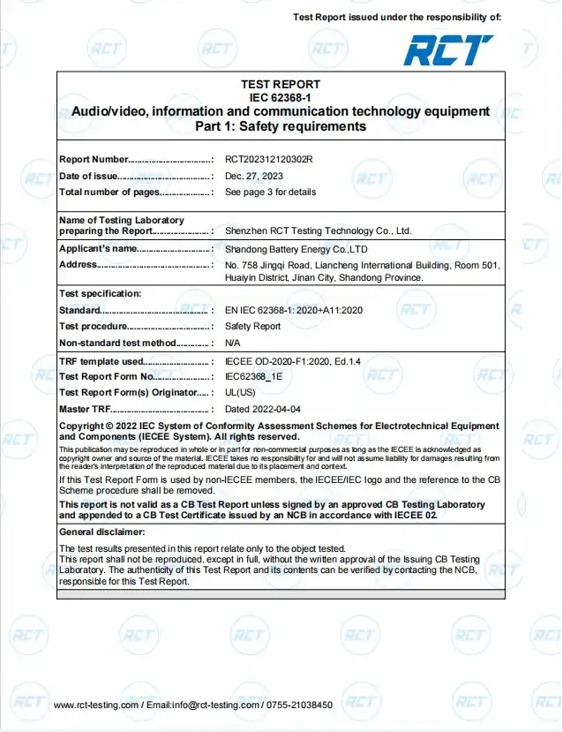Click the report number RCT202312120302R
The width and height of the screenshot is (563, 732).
point(269,160)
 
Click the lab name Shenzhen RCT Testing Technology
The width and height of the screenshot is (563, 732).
point(319,230)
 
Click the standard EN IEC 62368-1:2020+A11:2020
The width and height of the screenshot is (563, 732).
point(294,310)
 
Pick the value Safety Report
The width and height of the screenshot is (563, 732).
point(252,326)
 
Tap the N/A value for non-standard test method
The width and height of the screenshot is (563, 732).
point(233,342)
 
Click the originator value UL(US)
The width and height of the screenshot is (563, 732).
point(240,392)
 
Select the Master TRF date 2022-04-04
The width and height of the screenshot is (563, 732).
point(263,409)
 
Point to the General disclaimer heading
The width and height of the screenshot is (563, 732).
point(101,532)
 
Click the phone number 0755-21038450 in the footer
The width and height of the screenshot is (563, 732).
point(298,705)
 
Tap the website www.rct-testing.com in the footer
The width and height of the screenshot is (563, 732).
point(95,705)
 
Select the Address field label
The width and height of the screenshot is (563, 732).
point(78,265)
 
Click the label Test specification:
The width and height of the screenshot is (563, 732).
point(100,293)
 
